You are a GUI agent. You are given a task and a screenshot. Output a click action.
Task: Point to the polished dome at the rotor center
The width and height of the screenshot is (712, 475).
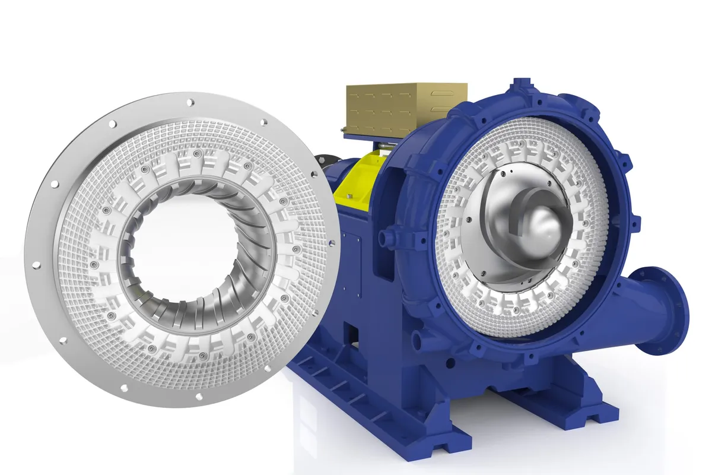(x=542, y=226)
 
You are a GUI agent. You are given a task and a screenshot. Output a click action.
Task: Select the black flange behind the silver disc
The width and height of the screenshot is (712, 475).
(x=323, y=160)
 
